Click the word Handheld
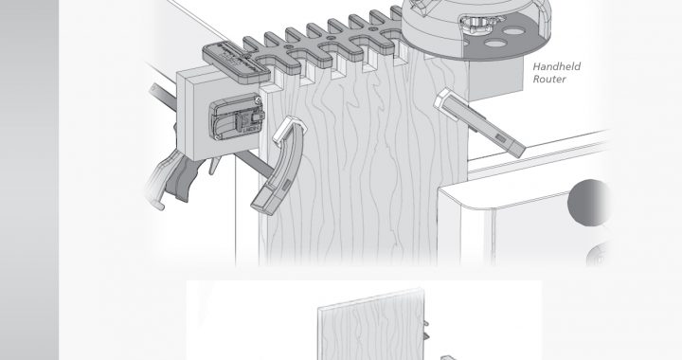557,66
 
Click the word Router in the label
549,80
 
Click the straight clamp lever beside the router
480,122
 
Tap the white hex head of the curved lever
289,129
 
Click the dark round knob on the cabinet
588,203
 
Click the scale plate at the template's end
237,60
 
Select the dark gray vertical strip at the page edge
29,180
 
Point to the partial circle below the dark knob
598,255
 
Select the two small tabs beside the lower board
426,330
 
